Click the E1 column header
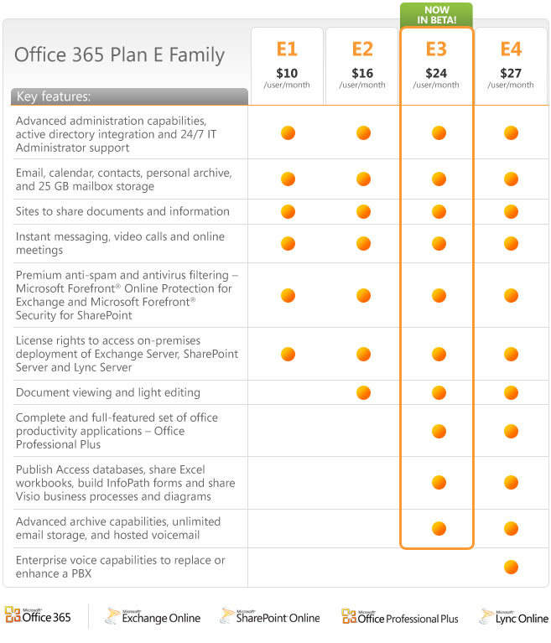(287, 48)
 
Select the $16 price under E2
(362, 73)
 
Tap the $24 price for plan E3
(438, 73)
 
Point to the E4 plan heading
(511, 48)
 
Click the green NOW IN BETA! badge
(436, 14)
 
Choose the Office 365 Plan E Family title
(119, 55)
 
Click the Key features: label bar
(129, 96)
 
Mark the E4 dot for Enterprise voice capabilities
(511, 568)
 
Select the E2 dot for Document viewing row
(363, 392)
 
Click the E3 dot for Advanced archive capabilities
(439, 528)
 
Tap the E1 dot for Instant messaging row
(288, 243)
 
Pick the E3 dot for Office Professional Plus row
(439, 431)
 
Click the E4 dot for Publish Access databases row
(511, 483)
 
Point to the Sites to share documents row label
(122, 211)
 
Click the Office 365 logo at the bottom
(39, 616)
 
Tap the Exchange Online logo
(153, 616)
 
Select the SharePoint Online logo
(270, 616)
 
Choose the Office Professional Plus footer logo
(400, 616)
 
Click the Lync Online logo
(513, 616)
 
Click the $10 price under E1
(287, 73)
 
